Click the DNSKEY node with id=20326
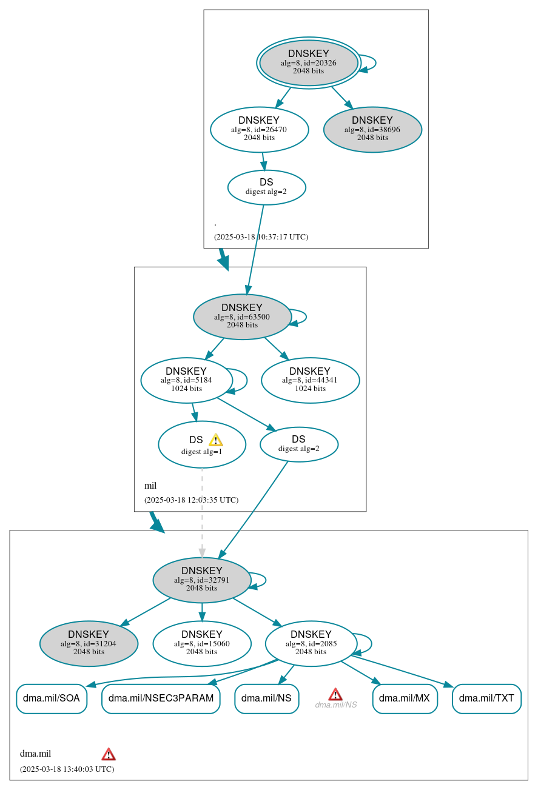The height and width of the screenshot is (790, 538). tap(309, 62)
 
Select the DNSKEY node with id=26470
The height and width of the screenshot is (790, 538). tap(259, 129)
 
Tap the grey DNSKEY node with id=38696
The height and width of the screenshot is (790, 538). tap(372, 129)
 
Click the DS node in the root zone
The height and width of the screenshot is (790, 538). tap(266, 187)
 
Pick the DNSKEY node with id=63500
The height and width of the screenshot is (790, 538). tap(242, 316)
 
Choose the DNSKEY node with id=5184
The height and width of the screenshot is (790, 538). tap(186, 380)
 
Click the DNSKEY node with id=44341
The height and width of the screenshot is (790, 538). tap(310, 380)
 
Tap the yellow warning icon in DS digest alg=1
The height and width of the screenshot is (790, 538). tap(215, 440)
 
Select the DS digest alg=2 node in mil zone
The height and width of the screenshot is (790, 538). tap(298, 444)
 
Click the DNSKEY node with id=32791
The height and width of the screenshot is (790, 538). tap(201, 580)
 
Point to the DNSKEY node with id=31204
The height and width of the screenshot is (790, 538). tap(89, 643)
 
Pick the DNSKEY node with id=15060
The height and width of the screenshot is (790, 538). tap(201, 643)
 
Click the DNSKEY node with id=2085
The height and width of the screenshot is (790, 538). tap(311, 643)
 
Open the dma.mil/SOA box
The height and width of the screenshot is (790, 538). tap(52, 698)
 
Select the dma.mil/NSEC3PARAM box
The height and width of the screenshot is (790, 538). tap(161, 698)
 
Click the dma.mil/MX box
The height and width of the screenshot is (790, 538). tap(405, 698)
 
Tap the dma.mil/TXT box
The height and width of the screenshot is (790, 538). tap(486, 698)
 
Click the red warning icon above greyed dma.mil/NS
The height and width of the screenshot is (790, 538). tap(335, 694)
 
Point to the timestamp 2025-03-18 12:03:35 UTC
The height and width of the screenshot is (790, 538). tap(191, 500)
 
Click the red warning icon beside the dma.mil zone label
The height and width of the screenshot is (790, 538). tap(109, 754)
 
